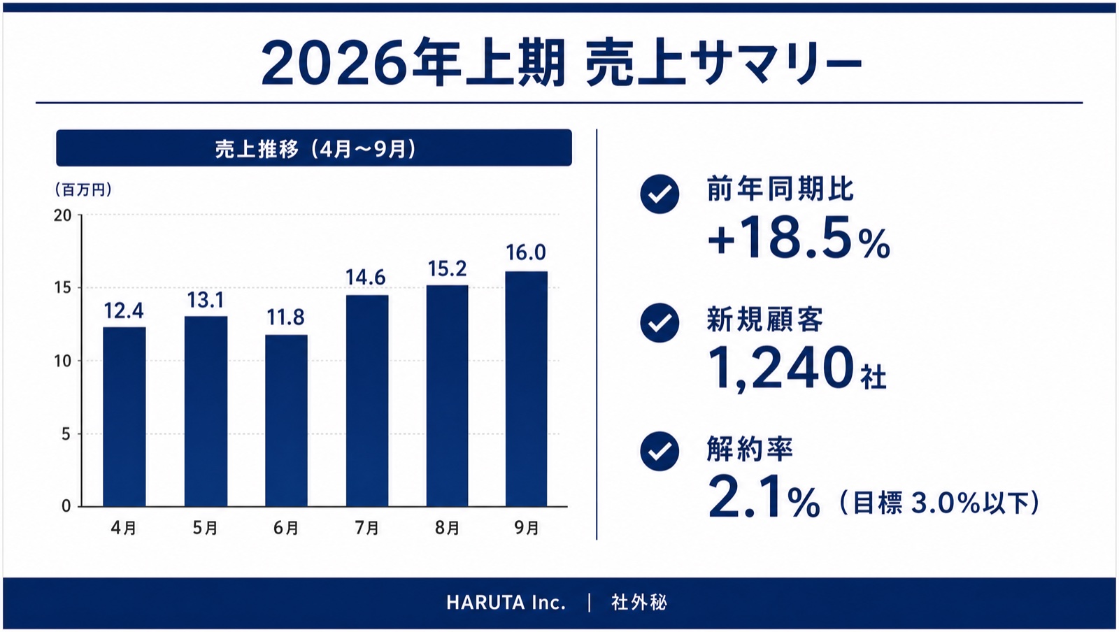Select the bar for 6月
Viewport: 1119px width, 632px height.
(286, 421)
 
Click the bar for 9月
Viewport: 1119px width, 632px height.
(527, 389)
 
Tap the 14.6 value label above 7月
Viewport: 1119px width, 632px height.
(366, 278)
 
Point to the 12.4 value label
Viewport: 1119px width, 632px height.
(124, 311)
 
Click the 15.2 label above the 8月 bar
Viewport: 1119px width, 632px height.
(447, 269)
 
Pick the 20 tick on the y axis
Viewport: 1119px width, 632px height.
(63, 215)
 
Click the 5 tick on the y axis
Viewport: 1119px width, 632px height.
(66, 434)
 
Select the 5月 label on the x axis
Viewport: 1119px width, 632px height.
(206, 528)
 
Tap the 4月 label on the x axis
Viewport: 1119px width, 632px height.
(124, 528)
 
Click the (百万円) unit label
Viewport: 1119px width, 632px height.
(83, 189)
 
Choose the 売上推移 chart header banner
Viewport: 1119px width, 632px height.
(314, 148)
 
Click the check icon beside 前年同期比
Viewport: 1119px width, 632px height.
(660, 194)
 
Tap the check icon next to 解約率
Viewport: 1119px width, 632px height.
(660, 452)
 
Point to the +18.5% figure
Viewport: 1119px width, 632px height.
(799, 238)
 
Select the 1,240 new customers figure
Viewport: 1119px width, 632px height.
(781, 368)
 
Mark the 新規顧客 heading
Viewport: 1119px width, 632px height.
(765, 319)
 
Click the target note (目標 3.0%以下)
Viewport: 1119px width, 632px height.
(940, 503)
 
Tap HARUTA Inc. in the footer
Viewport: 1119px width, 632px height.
(506, 603)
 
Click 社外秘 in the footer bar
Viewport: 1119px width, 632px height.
(639, 603)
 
